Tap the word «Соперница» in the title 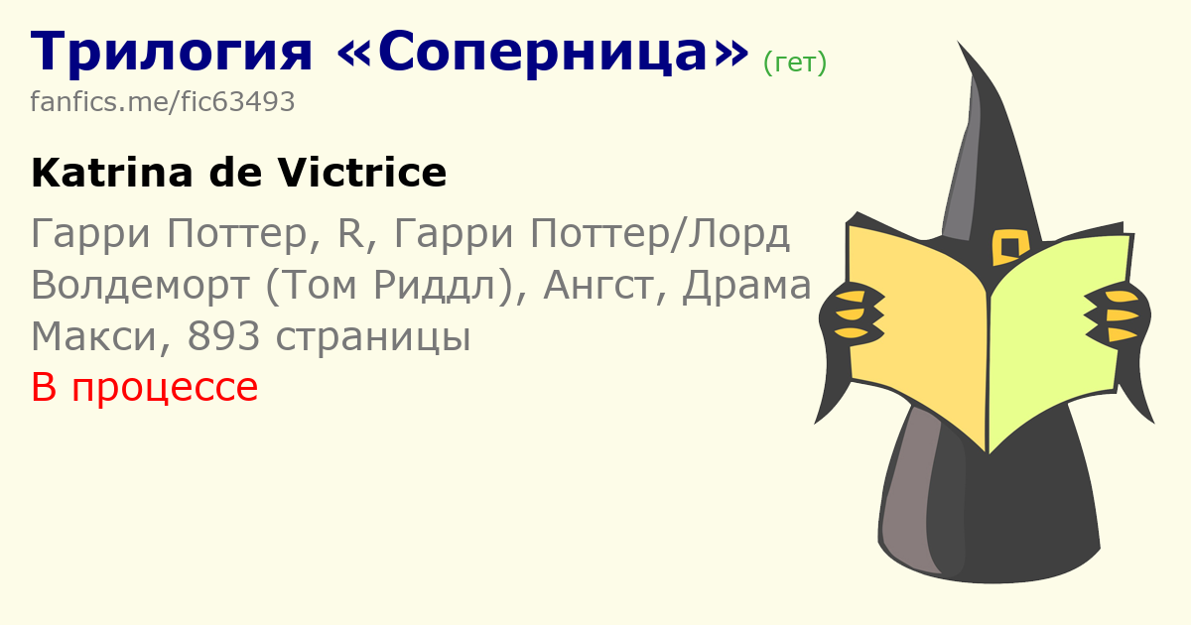coord(543,52)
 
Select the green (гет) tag coord(795,62)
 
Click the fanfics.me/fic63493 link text coord(162,101)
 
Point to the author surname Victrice coord(362,173)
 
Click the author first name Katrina coord(111,173)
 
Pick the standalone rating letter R coord(351,233)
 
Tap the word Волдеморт coord(140,285)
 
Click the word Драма coord(746,286)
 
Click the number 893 coord(224,336)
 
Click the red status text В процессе coord(145,388)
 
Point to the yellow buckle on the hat coord(1010,247)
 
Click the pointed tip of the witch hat coord(959,43)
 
